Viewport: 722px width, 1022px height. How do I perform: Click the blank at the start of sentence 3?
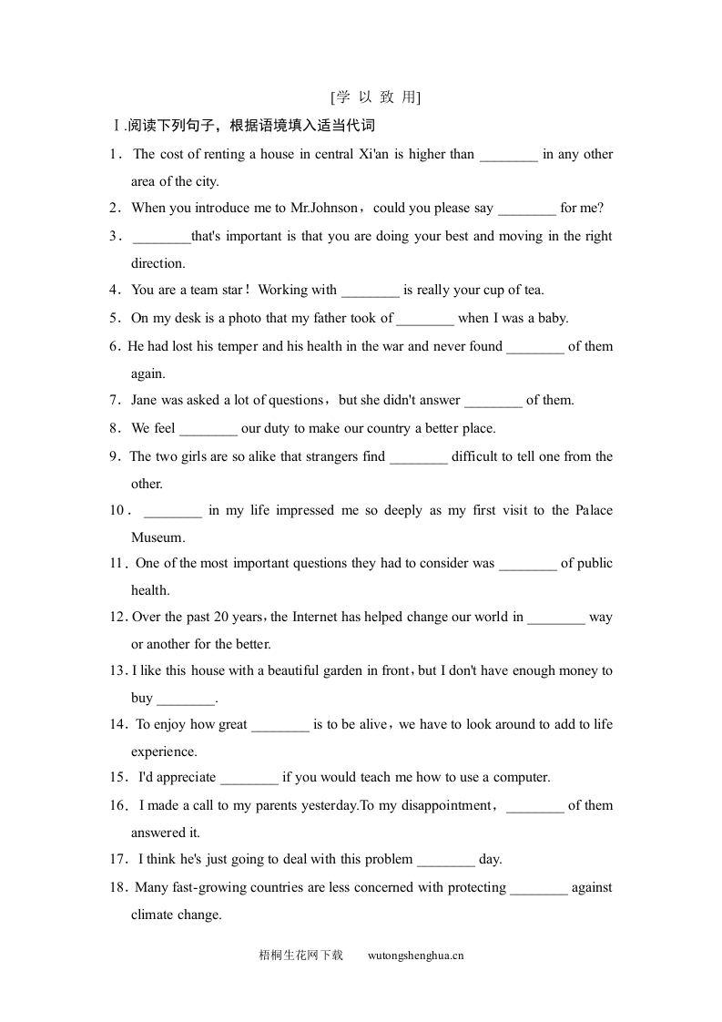(x=161, y=237)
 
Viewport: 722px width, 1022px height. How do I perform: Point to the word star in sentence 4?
(x=231, y=290)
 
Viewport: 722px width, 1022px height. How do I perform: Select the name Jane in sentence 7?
(x=147, y=400)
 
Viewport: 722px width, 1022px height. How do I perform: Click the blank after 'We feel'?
(x=208, y=429)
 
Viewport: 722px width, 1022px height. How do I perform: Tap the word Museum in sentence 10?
(x=158, y=537)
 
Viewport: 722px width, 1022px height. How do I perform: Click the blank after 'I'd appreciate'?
(x=249, y=778)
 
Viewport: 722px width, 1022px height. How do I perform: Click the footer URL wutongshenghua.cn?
(x=416, y=956)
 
